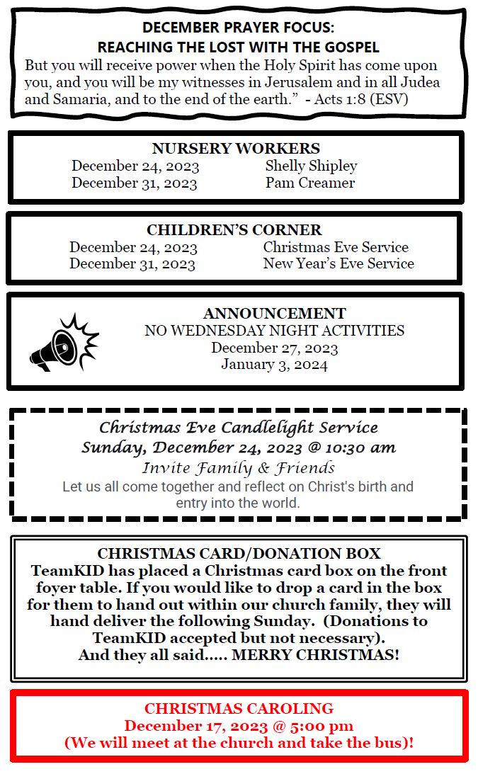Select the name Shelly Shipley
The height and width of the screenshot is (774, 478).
(x=311, y=166)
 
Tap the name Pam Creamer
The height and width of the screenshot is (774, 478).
(x=310, y=183)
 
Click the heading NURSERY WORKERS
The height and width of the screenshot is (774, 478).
(x=236, y=149)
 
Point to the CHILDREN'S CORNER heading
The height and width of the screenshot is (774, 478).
(x=234, y=230)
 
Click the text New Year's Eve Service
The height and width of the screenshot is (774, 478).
(x=338, y=263)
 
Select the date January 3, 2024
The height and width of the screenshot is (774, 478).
(x=274, y=365)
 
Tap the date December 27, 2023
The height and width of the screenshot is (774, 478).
(x=274, y=348)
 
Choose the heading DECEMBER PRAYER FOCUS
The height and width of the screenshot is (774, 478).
(x=238, y=28)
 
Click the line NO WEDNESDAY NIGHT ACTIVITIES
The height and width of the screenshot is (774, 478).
(x=274, y=331)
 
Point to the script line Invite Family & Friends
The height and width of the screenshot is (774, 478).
(x=238, y=468)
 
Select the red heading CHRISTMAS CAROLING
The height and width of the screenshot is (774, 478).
(x=239, y=709)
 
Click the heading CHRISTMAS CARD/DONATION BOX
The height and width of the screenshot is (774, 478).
(x=239, y=554)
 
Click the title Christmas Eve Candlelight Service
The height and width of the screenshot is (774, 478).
(x=238, y=428)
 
